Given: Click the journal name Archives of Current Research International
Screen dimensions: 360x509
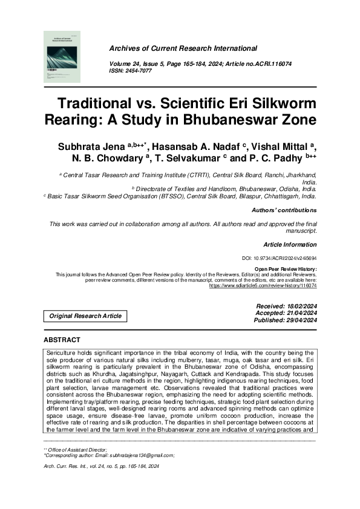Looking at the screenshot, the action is click(183, 48).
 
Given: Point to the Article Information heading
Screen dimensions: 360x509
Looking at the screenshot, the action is click(290, 244).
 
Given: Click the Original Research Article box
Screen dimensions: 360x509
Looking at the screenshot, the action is click(85, 316).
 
